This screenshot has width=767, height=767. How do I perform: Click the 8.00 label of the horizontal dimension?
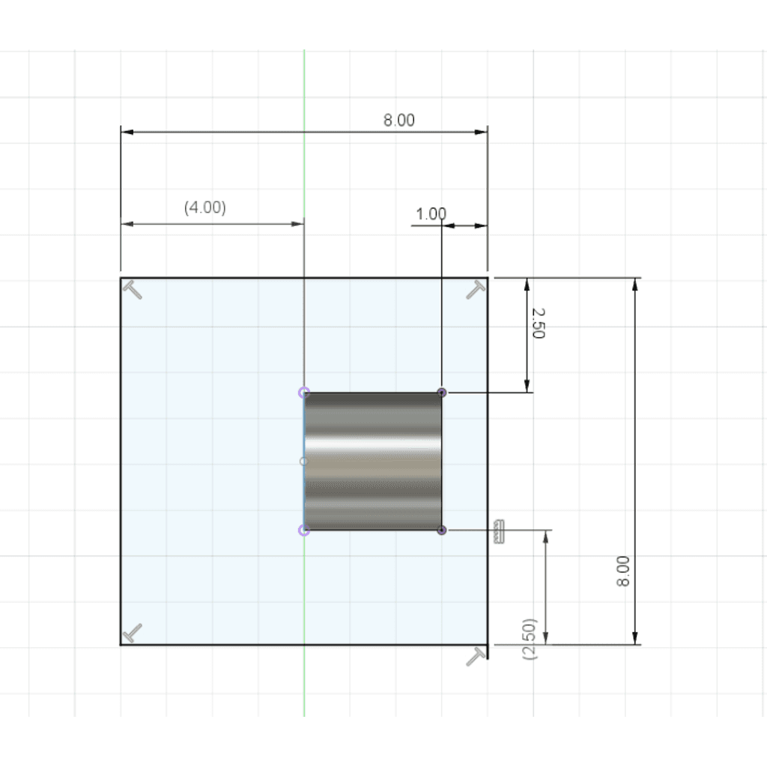click(x=398, y=121)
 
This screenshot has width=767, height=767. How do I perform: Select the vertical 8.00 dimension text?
click(x=622, y=571)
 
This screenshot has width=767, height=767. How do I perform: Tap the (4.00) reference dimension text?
click(x=205, y=207)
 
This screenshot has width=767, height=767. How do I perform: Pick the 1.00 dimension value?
click(x=431, y=214)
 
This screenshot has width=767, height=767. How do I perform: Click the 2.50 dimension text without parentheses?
click(x=538, y=323)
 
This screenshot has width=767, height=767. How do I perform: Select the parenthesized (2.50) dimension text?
click(x=530, y=640)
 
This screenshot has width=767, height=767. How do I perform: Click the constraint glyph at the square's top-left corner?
click(x=132, y=290)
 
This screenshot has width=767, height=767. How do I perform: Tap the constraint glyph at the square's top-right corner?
click(x=476, y=290)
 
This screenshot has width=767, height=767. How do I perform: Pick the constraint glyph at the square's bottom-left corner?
click(x=132, y=632)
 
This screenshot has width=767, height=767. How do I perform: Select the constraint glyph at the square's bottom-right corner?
click(x=476, y=656)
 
